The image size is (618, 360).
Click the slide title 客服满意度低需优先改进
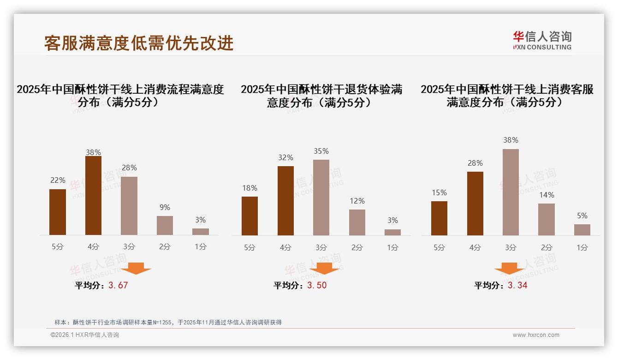pyautogui.click(x=139, y=43)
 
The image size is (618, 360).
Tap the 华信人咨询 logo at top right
pyautogui.click(x=542, y=40)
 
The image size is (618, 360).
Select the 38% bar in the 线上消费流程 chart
pyautogui.click(x=93, y=196)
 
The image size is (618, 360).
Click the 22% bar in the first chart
pyautogui.click(x=58, y=212)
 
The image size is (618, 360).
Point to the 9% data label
pyautogui.click(x=165, y=208)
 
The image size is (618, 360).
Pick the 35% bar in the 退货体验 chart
pyautogui.click(x=321, y=198)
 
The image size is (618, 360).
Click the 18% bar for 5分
pyautogui.click(x=250, y=216)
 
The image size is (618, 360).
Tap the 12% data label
pyautogui.click(x=357, y=201)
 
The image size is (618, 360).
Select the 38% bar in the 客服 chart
pyautogui.click(x=511, y=192)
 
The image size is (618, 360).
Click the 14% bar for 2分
pyautogui.click(x=547, y=219)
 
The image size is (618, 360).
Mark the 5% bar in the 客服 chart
pyautogui.click(x=582, y=230)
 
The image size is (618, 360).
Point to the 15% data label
pyautogui.click(x=439, y=193)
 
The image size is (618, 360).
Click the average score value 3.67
pyautogui.click(x=118, y=285)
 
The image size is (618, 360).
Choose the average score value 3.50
pyautogui.click(x=317, y=285)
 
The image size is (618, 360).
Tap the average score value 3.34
pyautogui.click(x=517, y=285)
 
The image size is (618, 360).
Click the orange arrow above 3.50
pyautogui.click(x=324, y=268)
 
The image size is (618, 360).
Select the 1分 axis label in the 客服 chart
pyautogui.click(x=582, y=248)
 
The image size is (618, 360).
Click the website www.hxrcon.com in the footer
pyautogui.click(x=536, y=335)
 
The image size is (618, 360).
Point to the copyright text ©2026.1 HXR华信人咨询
pyautogui.click(x=85, y=335)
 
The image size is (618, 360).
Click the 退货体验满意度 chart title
pyautogui.click(x=321, y=96)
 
